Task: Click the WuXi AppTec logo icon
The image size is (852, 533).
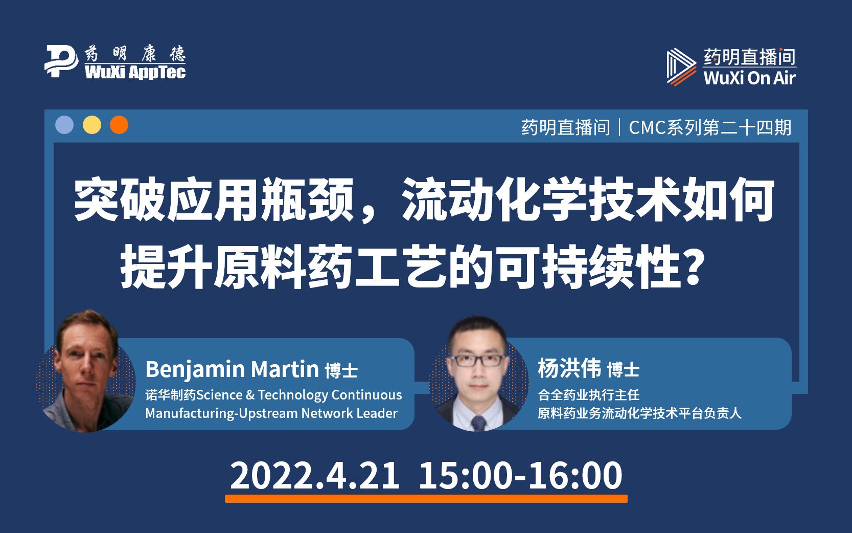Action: tap(61, 61)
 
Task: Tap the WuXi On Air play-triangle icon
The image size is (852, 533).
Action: tap(681, 67)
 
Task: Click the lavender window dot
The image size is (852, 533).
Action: tap(64, 125)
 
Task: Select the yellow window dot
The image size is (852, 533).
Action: tap(92, 125)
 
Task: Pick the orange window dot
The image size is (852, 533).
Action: tap(119, 125)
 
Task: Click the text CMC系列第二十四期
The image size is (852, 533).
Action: tap(710, 127)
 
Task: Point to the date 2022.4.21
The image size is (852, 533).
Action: tap(315, 476)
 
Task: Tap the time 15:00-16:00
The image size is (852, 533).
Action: tap(520, 476)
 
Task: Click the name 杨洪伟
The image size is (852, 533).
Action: tap(569, 369)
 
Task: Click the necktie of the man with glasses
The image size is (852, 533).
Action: tap(478, 422)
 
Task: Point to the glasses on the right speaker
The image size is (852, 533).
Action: tap(477, 360)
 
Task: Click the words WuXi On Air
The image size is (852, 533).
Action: tap(749, 78)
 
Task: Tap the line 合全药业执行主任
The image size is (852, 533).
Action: tap(588, 395)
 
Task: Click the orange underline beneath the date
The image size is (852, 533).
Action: tap(426, 498)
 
